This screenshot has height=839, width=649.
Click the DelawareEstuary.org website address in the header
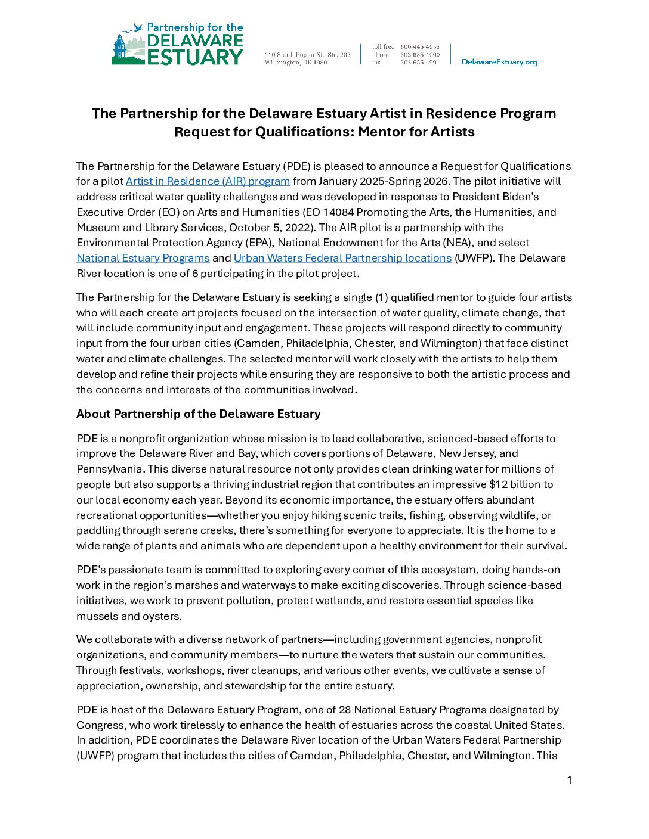[499, 62]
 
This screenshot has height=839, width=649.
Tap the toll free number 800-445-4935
[419, 46]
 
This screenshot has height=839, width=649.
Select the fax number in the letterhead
[419, 62]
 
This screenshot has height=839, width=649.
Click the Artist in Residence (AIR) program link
[208, 181]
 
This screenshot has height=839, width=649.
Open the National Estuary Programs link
[143, 258]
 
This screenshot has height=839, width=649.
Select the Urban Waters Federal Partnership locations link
[342, 258]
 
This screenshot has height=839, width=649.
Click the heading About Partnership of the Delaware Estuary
[198, 414]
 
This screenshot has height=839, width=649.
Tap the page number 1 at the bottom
[569, 780]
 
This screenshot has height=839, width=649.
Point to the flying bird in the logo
[138, 27]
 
